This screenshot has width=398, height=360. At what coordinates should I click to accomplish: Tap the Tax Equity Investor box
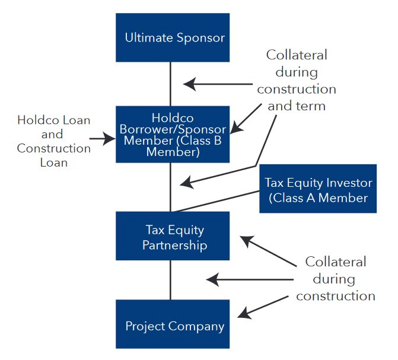point(318,189)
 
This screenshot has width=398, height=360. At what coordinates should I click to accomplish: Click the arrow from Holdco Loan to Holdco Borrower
point(102,140)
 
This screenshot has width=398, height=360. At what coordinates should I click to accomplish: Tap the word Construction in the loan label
point(53,148)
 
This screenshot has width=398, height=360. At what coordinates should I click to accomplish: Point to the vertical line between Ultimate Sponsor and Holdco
point(171,84)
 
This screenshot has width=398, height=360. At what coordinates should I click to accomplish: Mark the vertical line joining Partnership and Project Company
point(171,279)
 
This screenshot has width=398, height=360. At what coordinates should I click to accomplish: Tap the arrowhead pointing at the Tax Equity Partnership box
point(244,239)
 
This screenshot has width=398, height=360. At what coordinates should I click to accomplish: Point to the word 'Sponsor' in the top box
point(201,38)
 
